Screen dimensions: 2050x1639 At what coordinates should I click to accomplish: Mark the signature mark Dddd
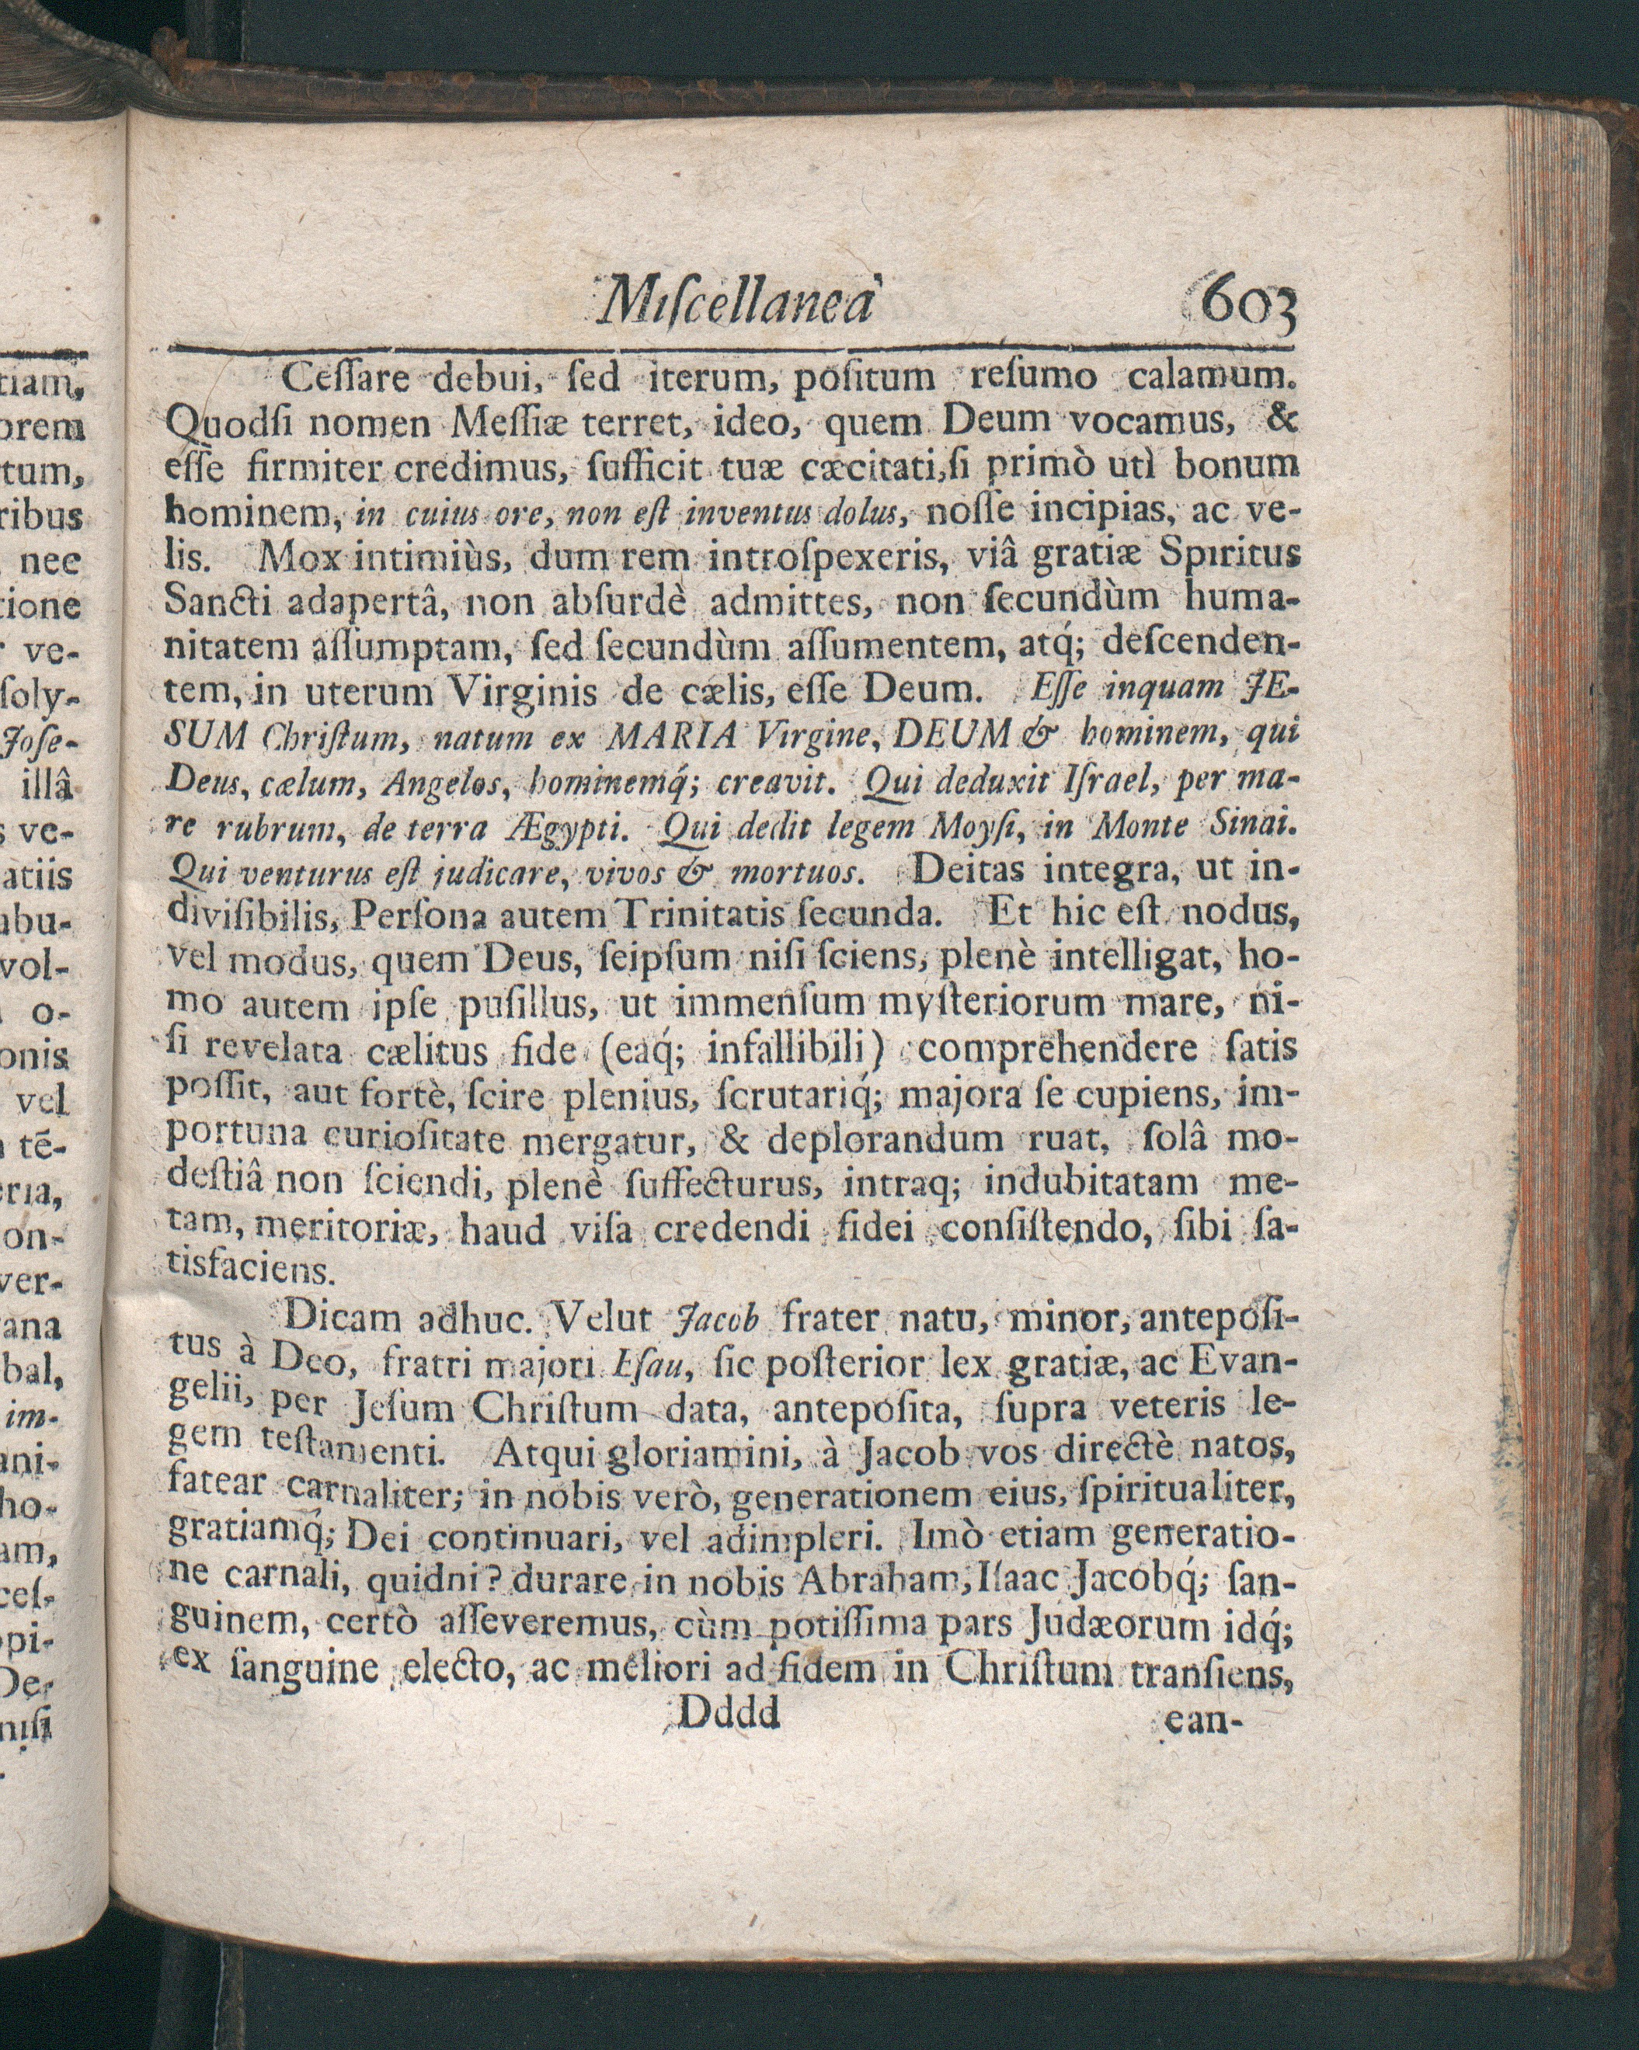(x=729, y=1714)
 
